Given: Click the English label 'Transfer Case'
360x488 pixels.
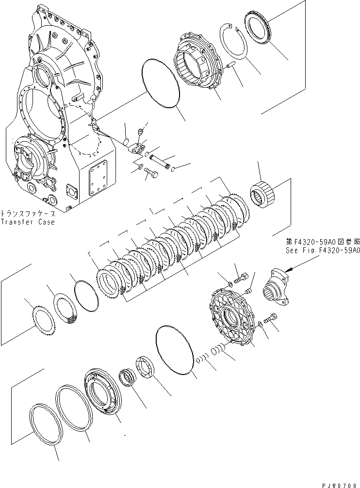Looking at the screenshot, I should pos(28,222).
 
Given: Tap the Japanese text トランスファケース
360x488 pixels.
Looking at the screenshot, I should pos(28,213).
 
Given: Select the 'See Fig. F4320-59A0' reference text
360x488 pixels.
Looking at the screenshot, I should pos(322,251).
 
